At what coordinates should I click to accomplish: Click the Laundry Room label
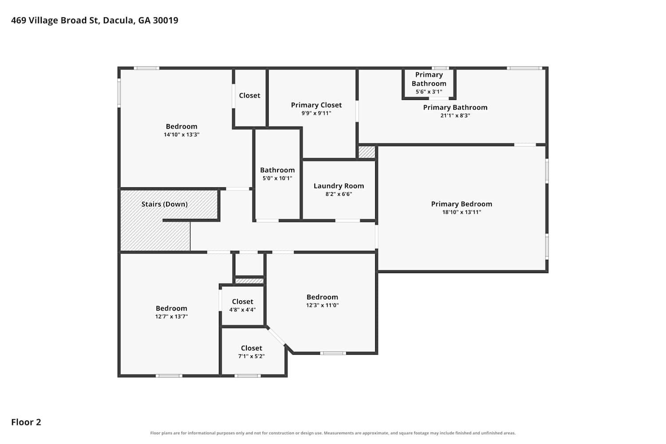point(339,186)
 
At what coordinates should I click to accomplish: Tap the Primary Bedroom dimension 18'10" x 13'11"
point(461,212)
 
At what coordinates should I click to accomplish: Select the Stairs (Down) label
point(164,204)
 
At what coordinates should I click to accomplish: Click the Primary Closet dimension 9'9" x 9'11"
point(316,113)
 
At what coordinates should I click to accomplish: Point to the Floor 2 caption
point(26,422)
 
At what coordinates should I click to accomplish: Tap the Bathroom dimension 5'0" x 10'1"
point(277,178)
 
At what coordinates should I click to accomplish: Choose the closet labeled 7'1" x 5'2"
point(252,348)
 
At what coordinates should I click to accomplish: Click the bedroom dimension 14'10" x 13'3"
point(181,135)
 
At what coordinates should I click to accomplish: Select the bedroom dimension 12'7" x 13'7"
point(171,317)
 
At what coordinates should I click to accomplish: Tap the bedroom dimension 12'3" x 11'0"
point(322,305)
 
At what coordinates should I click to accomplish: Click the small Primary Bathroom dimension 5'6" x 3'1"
point(429,91)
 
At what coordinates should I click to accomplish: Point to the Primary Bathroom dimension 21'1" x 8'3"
point(455,115)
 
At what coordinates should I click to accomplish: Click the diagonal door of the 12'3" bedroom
point(276,337)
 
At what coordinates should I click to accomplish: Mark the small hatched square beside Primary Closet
point(367,152)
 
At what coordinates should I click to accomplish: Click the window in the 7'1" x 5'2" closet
point(247,376)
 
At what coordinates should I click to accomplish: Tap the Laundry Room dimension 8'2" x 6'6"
point(339,194)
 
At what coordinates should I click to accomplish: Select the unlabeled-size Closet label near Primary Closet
point(250,95)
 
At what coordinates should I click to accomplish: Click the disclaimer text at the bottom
point(333,433)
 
